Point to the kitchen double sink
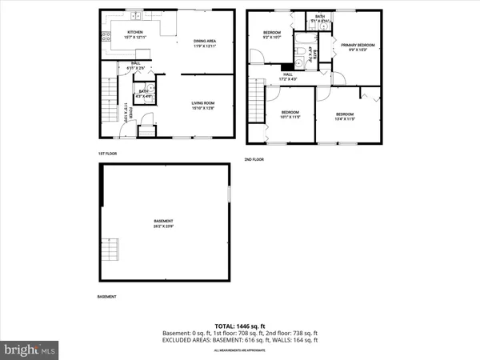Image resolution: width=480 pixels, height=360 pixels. [137, 15]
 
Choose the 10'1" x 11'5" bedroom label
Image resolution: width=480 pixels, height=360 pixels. [289, 114]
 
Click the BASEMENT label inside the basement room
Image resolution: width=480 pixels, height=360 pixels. [163, 224]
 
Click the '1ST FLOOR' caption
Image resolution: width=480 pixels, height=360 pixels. [108, 154]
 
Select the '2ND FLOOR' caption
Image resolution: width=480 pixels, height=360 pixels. [254, 159]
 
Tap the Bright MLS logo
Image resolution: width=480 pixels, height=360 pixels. [30, 350]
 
